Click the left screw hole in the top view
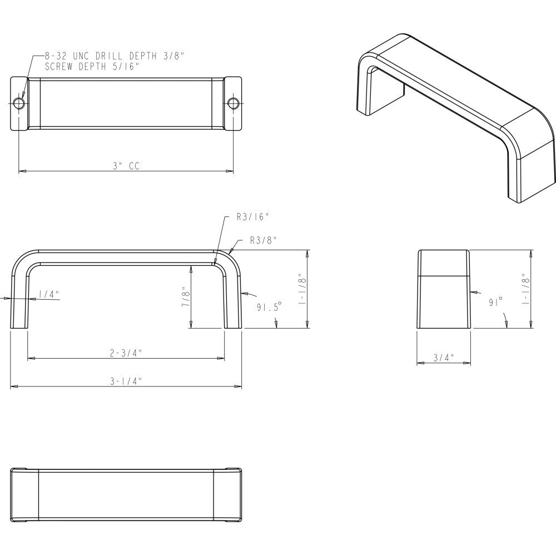(x=19, y=103)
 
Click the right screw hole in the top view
(x=233, y=103)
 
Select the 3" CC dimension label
(x=126, y=166)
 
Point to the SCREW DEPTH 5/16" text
(x=92, y=66)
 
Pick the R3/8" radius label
(x=264, y=240)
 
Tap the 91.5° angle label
(x=269, y=306)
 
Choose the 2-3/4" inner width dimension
(x=126, y=353)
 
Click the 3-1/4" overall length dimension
(x=126, y=381)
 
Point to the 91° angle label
(x=496, y=301)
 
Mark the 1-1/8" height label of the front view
(x=302, y=289)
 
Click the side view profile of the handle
(x=444, y=290)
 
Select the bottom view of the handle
(x=126, y=494)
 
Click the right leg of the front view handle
(x=234, y=300)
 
